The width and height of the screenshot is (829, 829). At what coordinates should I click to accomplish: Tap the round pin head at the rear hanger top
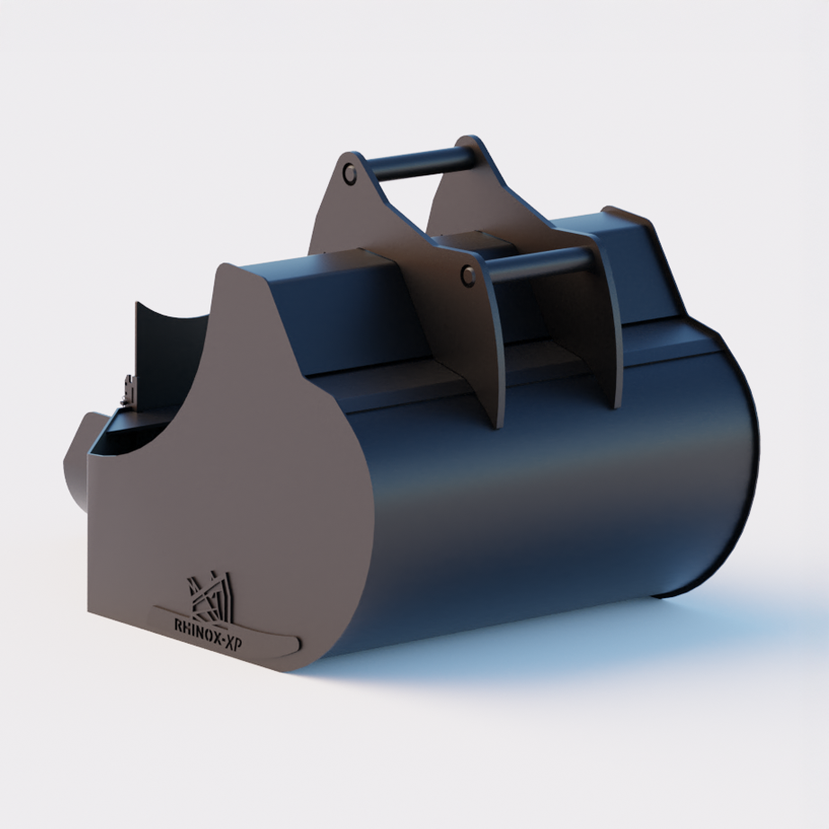(x=350, y=173)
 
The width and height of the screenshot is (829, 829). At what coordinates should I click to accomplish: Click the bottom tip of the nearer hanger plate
(x=497, y=423)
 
